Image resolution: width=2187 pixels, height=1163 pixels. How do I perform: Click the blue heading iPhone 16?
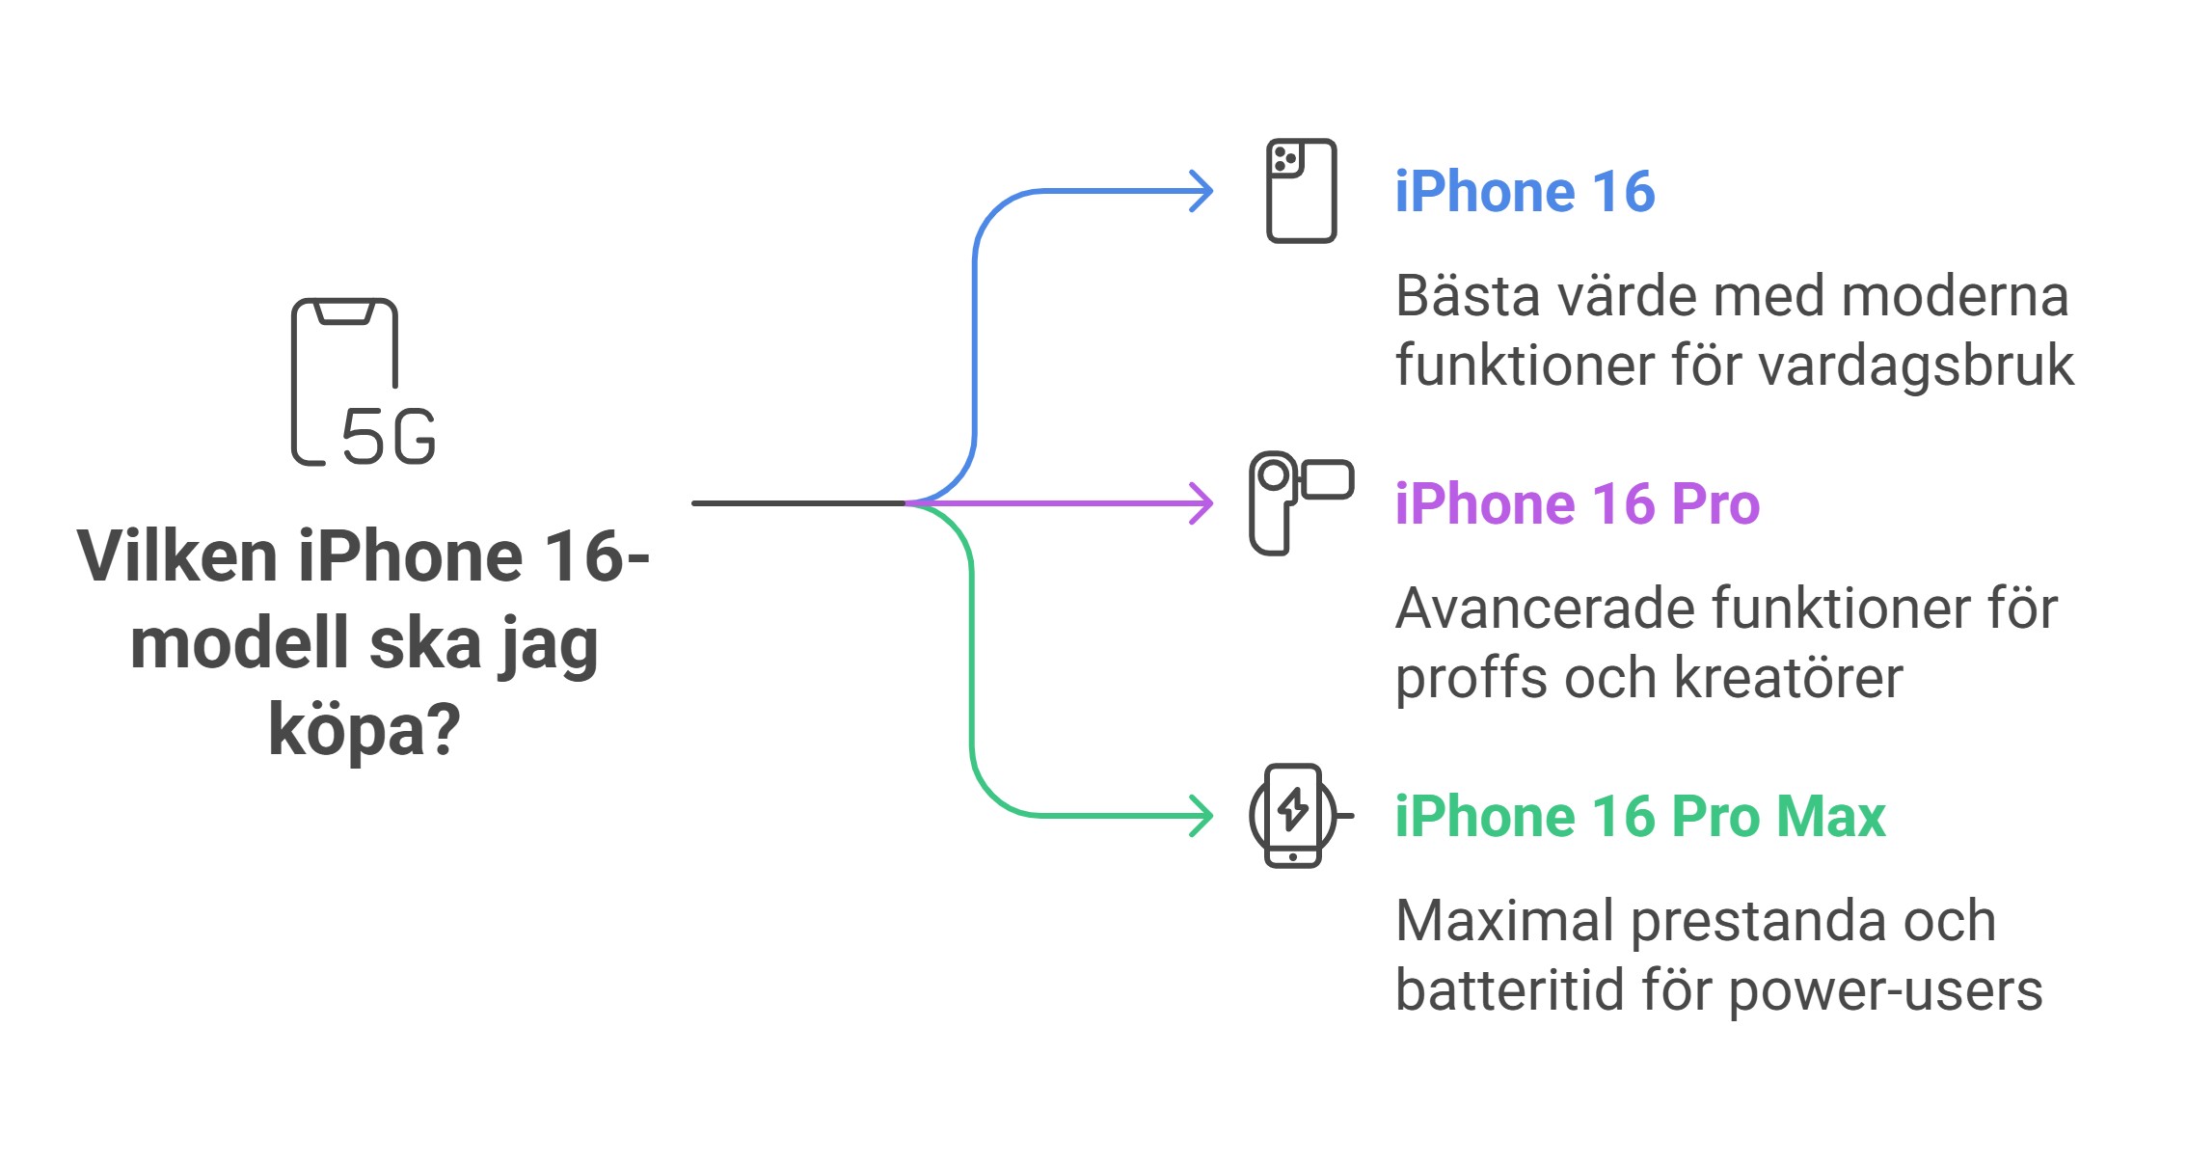click(1525, 192)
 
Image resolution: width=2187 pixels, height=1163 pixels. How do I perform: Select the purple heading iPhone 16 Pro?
click(1577, 504)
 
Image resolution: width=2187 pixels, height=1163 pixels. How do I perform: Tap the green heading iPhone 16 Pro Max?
click(1639, 817)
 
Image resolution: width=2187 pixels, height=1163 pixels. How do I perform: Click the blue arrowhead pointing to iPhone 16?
click(1201, 191)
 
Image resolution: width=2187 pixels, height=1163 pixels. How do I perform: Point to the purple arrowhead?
click(1201, 503)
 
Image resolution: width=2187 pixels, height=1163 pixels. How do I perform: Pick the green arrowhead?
click(1201, 816)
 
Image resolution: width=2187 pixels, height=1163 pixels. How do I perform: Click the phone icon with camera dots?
click(1301, 191)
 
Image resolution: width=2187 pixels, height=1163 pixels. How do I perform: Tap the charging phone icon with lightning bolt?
click(1294, 816)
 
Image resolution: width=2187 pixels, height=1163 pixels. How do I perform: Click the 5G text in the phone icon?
click(389, 437)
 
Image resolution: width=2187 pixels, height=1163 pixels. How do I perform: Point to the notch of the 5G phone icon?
click(344, 313)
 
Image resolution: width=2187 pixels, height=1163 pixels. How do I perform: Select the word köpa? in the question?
click(364, 730)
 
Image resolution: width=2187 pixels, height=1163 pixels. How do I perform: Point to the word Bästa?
click(1468, 296)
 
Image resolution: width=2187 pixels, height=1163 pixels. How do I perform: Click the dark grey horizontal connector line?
click(798, 503)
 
